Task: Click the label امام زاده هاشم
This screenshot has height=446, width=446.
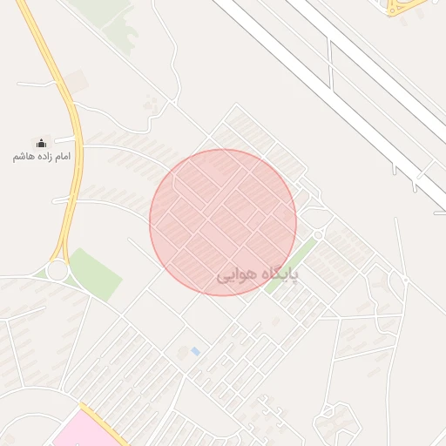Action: click(42, 157)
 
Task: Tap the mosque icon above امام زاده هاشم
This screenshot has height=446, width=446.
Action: click(41, 143)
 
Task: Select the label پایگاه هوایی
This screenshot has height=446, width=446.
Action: click(257, 276)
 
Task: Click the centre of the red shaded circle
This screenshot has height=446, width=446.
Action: click(223, 222)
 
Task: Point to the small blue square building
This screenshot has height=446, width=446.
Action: click(195, 351)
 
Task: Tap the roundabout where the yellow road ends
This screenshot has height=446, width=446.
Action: click(57, 270)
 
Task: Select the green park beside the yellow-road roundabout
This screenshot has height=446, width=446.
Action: click(93, 274)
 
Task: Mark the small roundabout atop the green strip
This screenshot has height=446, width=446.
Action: click(319, 234)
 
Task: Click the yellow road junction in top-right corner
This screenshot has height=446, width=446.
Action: click(402, 7)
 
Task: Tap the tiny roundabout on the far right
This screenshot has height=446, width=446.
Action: click(404, 279)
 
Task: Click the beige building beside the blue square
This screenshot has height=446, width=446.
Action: click(183, 353)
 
